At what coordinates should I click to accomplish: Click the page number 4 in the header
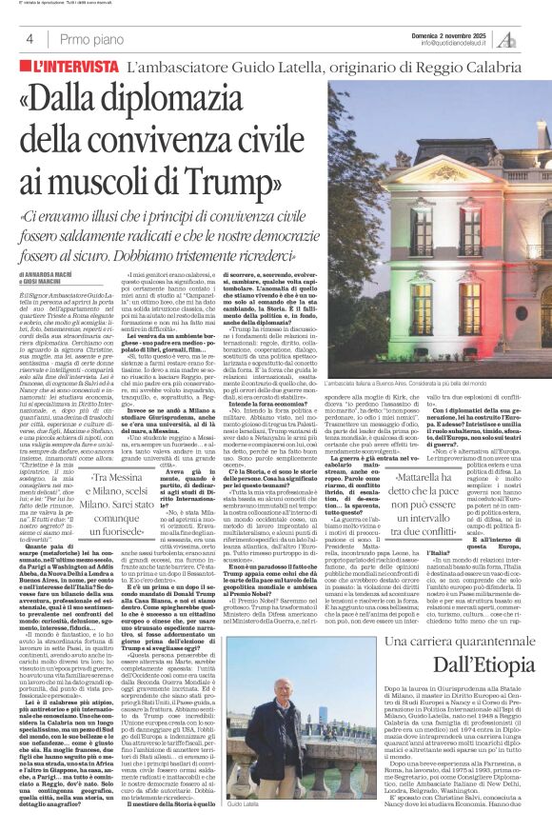[x=18, y=38]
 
